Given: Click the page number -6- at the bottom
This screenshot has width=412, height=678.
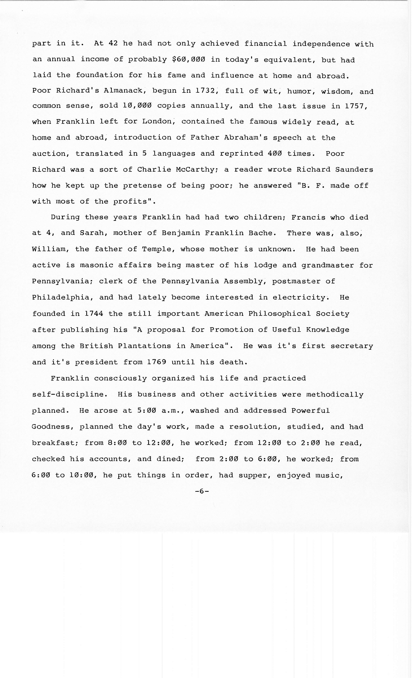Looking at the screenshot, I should click(x=202, y=491).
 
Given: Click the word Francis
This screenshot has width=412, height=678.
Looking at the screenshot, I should click(x=308, y=217).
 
